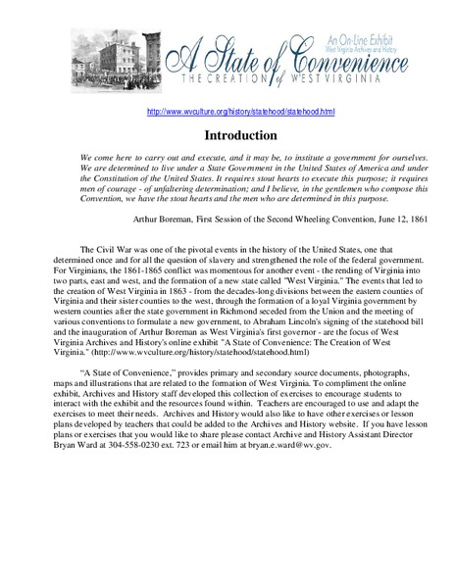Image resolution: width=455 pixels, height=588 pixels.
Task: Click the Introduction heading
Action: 227,134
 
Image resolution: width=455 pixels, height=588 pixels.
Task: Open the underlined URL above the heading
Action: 227,112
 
